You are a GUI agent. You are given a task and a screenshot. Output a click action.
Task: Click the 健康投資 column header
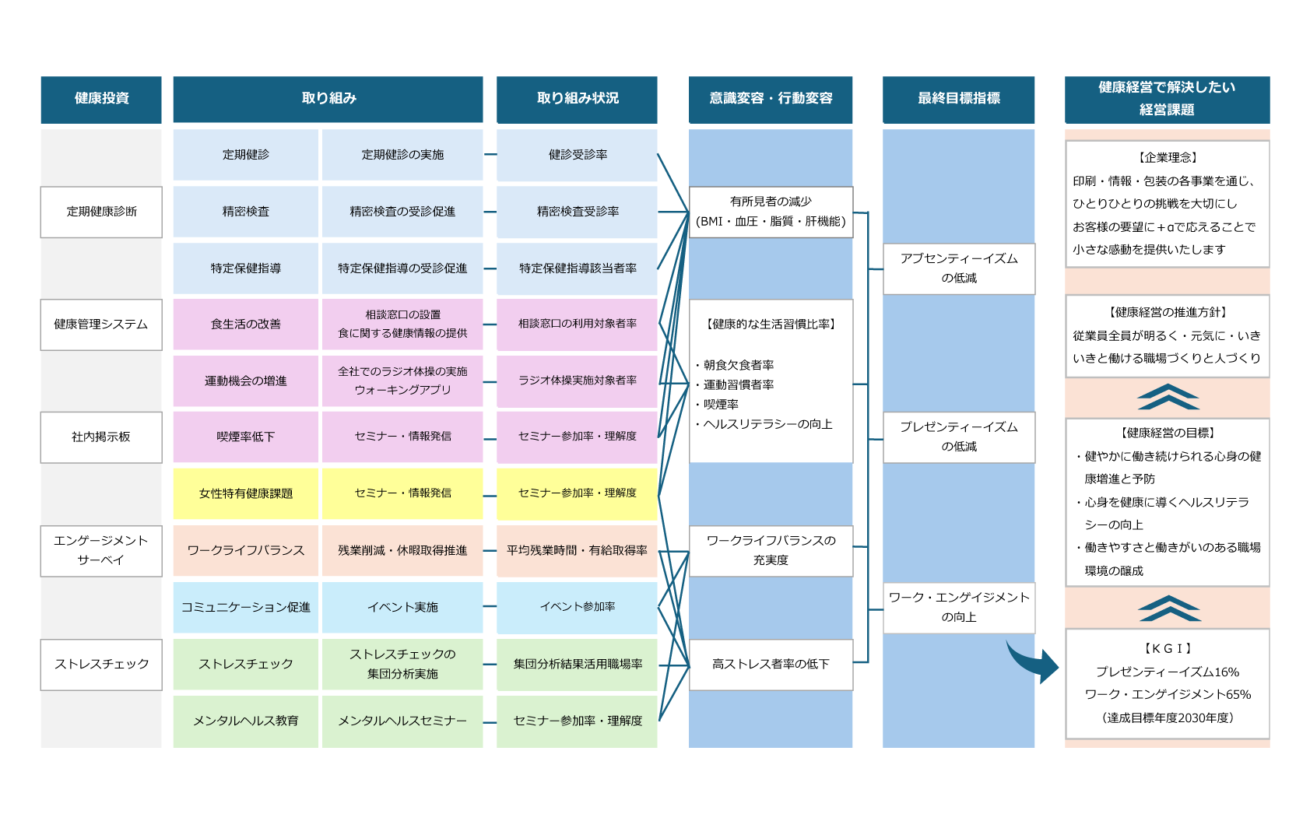click(101, 99)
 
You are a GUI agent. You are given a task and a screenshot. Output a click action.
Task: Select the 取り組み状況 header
click(577, 99)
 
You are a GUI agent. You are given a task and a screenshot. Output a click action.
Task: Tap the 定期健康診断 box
click(101, 212)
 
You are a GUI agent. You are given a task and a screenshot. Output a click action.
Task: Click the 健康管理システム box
click(101, 325)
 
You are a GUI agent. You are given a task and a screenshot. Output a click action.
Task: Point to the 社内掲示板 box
click(101, 437)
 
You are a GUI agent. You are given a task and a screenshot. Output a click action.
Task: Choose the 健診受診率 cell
click(577, 155)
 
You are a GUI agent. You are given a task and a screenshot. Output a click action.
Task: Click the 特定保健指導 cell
click(246, 268)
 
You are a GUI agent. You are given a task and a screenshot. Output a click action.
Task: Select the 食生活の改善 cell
click(246, 325)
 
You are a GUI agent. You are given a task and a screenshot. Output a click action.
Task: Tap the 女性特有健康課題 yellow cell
click(246, 493)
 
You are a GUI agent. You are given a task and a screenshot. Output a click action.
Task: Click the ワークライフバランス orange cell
click(246, 550)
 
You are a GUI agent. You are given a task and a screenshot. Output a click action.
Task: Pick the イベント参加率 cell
click(577, 607)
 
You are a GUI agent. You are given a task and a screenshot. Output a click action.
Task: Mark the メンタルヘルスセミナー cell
click(402, 721)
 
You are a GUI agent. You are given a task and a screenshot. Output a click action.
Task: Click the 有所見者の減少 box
click(771, 212)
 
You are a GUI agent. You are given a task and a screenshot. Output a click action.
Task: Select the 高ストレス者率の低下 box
click(771, 665)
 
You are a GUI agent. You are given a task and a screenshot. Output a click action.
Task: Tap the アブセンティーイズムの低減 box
click(959, 268)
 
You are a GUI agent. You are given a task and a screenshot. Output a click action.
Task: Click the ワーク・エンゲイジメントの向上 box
click(959, 607)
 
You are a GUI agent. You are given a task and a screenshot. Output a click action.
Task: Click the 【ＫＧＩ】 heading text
click(1168, 648)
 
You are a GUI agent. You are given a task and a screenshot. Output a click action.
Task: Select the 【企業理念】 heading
click(1168, 157)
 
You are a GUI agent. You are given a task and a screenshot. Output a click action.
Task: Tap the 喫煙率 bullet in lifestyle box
click(721, 405)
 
